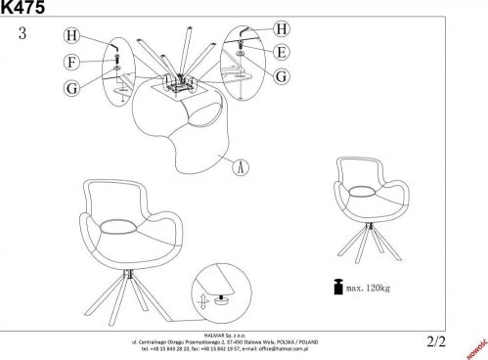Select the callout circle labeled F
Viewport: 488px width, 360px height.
point(71,62)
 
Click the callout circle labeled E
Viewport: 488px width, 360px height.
point(281,52)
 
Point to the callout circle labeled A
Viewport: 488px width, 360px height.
point(238,166)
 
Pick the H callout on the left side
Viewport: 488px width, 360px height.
point(71,36)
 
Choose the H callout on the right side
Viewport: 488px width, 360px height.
point(282,28)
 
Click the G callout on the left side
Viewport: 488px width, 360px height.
point(71,88)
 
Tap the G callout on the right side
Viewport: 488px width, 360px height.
point(281,75)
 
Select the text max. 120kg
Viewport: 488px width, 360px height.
point(369,289)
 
